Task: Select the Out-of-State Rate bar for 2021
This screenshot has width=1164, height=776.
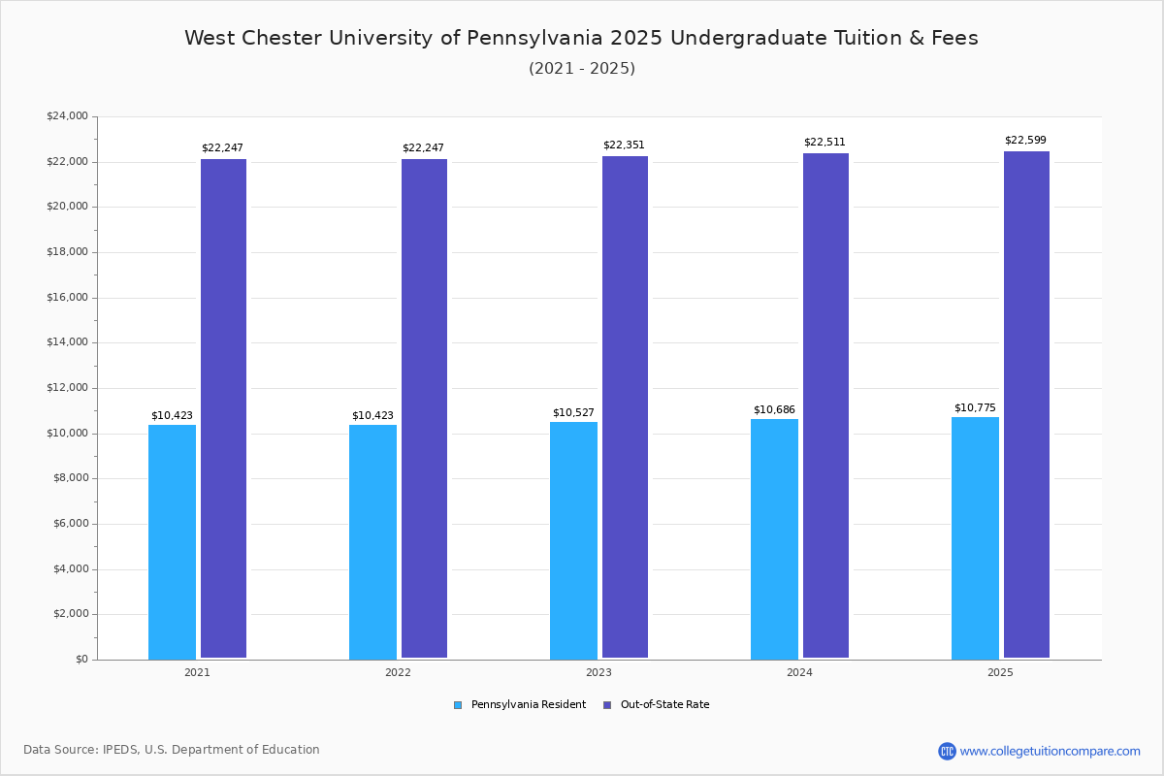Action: point(223,408)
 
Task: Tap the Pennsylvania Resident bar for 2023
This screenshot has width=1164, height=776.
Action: point(573,540)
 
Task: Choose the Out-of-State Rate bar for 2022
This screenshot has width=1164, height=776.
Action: point(424,408)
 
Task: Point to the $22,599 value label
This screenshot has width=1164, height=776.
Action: point(1025,141)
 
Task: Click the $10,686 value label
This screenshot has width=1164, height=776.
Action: point(774,410)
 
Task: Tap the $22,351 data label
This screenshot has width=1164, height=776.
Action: point(624,145)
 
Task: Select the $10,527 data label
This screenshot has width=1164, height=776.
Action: point(573,413)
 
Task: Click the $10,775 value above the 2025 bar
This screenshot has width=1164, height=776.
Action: point(975,408)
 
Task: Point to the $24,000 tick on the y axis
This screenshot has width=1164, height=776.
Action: point(67,116)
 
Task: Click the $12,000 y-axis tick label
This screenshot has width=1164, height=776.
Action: point(67,388)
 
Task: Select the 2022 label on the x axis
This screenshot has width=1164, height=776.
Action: point(398,672)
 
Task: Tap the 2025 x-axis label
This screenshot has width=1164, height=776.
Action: point(1000,672)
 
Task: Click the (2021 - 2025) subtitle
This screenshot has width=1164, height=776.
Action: point(582,69)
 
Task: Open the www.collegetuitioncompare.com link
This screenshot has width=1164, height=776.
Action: point(1050,751)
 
